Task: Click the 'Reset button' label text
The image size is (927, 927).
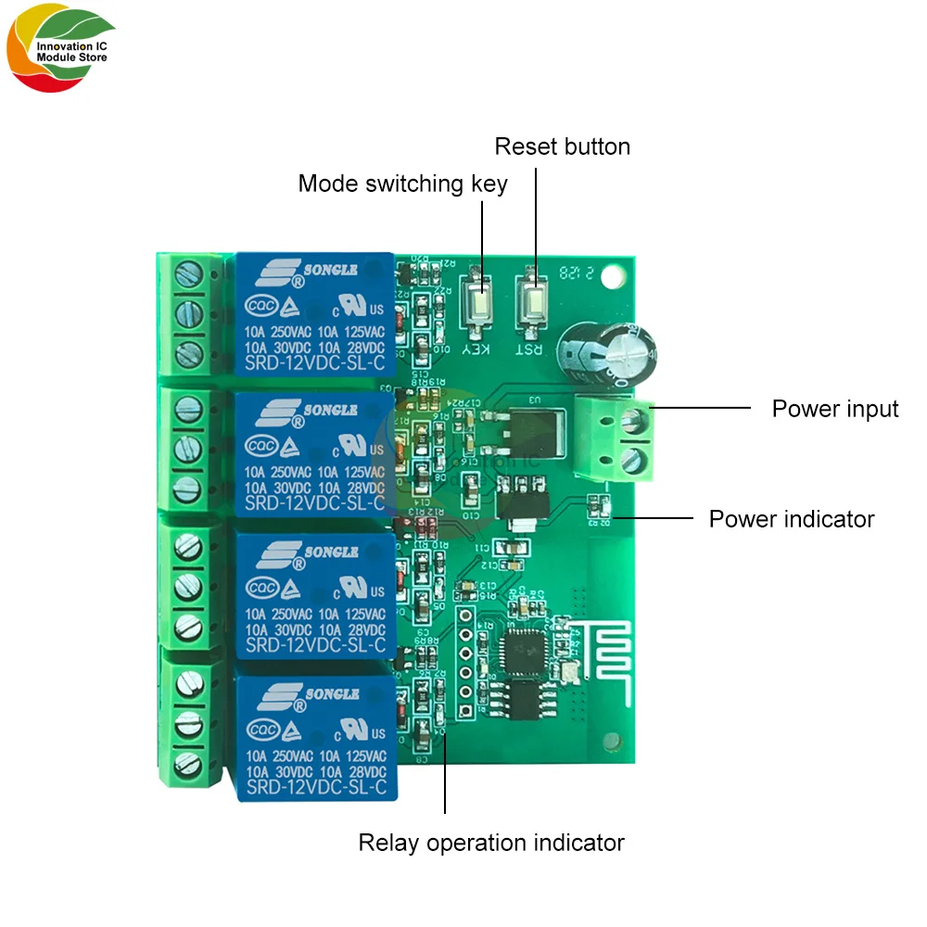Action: click(562, 146)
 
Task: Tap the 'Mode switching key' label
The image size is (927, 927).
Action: click(402, 184)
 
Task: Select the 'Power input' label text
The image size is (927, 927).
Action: click(835, 409)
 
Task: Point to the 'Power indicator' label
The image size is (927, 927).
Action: click(791, 518)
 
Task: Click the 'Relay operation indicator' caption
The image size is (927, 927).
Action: click(491, 843)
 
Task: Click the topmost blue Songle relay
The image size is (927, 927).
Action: click(314, 313)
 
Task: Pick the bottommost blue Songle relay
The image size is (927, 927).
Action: click(316, 737)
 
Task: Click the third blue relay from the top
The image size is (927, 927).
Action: click(315, 594)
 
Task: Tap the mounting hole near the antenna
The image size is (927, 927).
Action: click(611, 740)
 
